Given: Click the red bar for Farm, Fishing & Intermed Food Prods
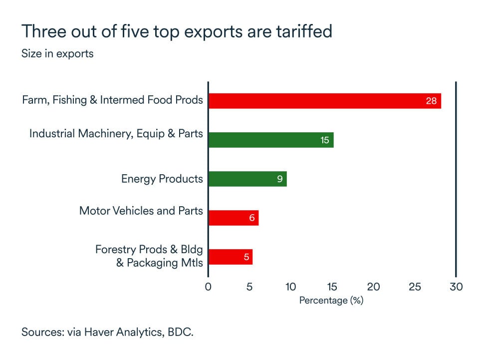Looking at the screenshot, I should [x=324, y=101].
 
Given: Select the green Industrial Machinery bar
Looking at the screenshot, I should [x=270, y=140].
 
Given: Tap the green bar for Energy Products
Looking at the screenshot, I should [x=247, y=179].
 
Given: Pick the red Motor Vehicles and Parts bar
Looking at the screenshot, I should [x=233, y=218].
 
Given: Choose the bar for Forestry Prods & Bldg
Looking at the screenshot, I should [x=230, y=257].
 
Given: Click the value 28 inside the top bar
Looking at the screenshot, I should [x=431, y=101].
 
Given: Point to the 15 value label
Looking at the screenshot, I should [x=325, y=140].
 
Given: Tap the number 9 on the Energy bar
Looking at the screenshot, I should [x=280, y=179].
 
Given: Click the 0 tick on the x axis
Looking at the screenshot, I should [x=208, y=287].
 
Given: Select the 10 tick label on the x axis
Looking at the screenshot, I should [x=290, y=287].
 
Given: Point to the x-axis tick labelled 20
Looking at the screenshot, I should [x=373, y=287].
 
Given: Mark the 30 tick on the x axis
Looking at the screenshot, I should [x=456, y=287].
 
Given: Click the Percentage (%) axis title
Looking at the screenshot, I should [x=331, y=301].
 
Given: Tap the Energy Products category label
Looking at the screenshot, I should [x=162, y=179].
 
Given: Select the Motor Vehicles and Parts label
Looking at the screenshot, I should [x=141, y=211].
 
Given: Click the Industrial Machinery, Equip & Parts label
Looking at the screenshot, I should [x=116, y=134].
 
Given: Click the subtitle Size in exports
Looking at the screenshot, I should [x=57, y=53].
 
